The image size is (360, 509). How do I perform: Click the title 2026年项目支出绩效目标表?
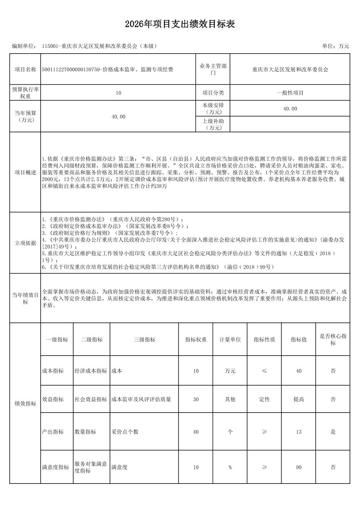[180, 24]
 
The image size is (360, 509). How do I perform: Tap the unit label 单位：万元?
[335, 46]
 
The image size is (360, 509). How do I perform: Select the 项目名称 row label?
[25, 70]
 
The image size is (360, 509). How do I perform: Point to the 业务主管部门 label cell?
[213, 69]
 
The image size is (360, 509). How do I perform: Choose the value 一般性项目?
[290, 93]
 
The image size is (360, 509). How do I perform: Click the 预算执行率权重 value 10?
[118, 93]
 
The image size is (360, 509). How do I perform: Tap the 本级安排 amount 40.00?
[290, 109]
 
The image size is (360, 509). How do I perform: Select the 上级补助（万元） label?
[213, 124]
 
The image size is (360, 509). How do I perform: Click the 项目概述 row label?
[25, 172]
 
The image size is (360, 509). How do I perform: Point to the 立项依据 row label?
[25, 243]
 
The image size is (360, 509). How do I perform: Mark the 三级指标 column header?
[144, 340]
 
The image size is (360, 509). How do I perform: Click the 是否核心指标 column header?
[333, 340]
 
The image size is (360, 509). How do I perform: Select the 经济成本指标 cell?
[91, 371]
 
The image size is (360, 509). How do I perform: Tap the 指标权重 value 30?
[196, 399]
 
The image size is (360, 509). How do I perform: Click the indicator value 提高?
[299, 399]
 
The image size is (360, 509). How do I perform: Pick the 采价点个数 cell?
[125, 432]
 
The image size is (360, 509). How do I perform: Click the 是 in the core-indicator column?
[333, 432]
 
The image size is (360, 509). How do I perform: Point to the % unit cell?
[230, 467]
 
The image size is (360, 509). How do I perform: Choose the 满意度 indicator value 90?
[299, 467]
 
